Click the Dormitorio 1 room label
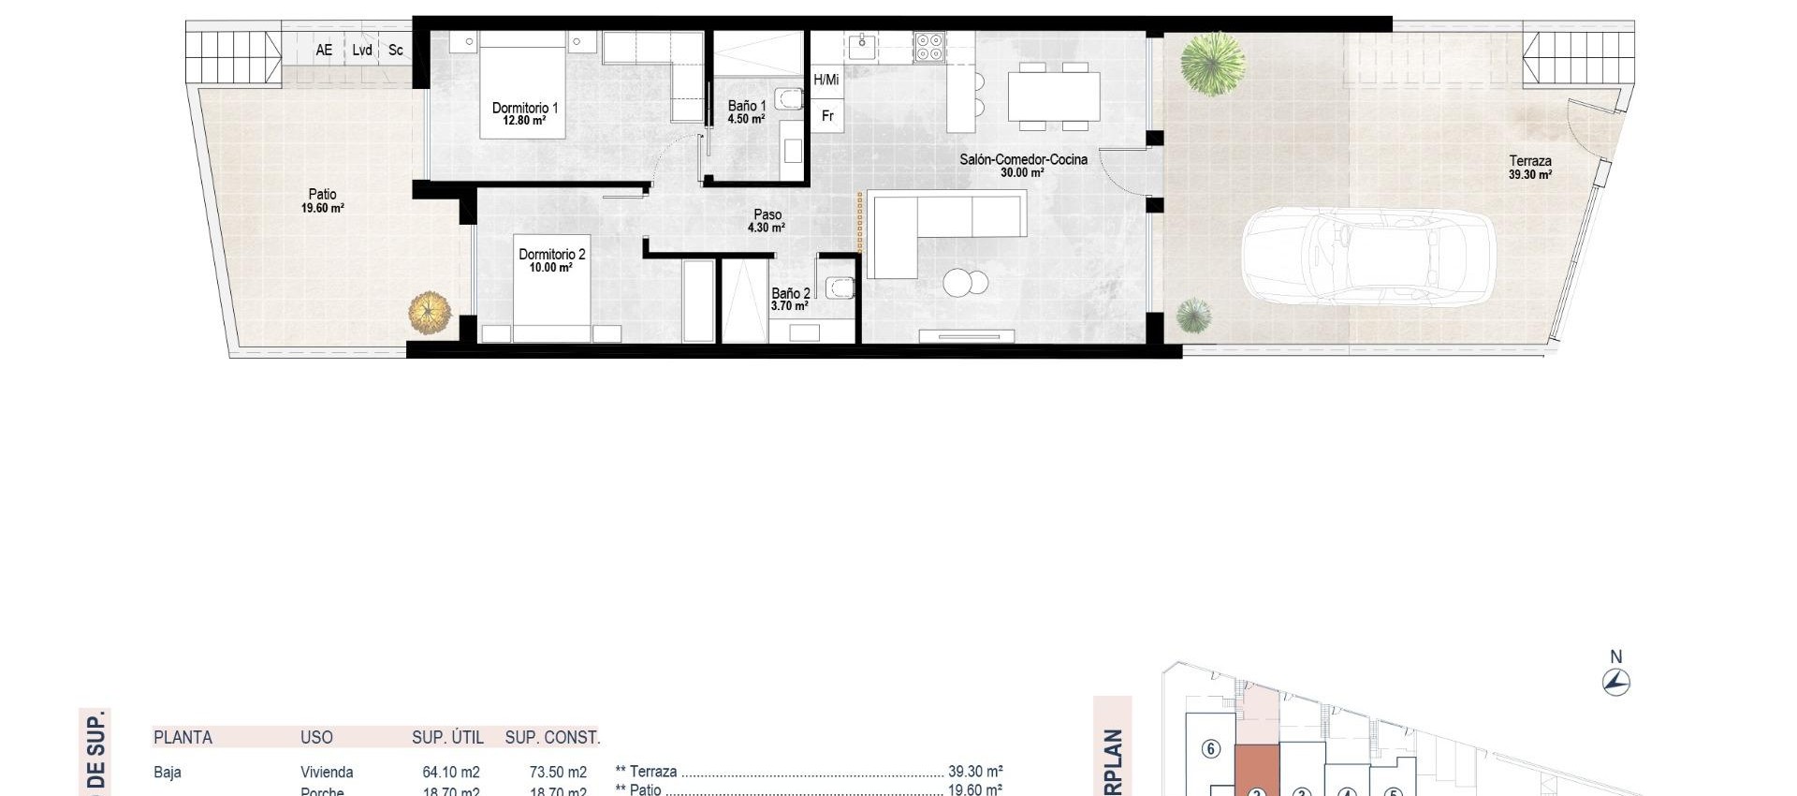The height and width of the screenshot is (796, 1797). pyautogui.click(x=524, y=113)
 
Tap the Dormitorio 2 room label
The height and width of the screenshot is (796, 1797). pyautogui.click(x=551, y=260)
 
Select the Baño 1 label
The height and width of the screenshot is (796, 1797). pyautogui.click(x=747, y=112)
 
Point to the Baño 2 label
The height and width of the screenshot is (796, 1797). pyautogui.click(x=790, y=299)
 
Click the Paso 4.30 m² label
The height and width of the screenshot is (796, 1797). pyautogui.click(x=767, y=221)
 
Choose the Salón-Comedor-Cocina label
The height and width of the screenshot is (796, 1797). pyautogui.click(x=1023, y=166)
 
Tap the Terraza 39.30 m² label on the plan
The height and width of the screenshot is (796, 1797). pyautogui.click(x=1529, y=168)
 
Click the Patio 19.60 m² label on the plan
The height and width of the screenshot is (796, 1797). pyautogui.click(x=322, y=201)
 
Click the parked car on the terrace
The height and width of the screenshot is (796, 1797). pyautogui.click(x=1367, y=256)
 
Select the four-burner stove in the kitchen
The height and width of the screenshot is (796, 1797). pyautogui.click(x=929, y=47)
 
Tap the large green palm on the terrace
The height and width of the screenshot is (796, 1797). pyautogui.click(x=1212, y=63)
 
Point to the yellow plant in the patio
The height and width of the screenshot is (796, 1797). pyautogui.click(x=430, y=312)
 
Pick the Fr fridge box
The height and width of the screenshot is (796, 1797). pyautogui.click(x=827, y=116)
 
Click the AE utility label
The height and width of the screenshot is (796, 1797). pyautogui.click(x=324, y=51)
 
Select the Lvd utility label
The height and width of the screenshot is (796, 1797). pyautogui.click(x=362, y=51)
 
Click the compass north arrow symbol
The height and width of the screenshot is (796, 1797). pyautogui.click(x=1616, y=681)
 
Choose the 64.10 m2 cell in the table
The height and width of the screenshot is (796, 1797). pyautogui.click(x=450, y=773)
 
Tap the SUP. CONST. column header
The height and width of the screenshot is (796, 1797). pyautogui.click(x=552, y=738)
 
